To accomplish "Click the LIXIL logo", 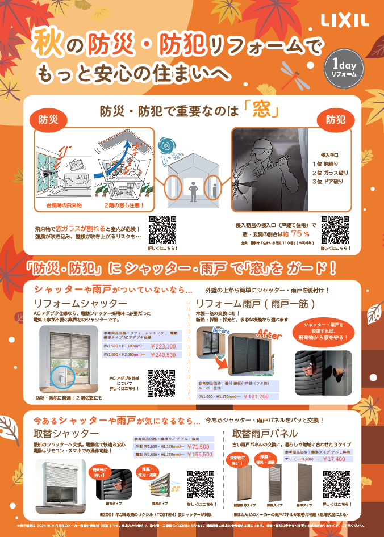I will point(345,21).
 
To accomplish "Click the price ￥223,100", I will point(163,346).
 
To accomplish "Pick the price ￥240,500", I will point(163,355).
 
